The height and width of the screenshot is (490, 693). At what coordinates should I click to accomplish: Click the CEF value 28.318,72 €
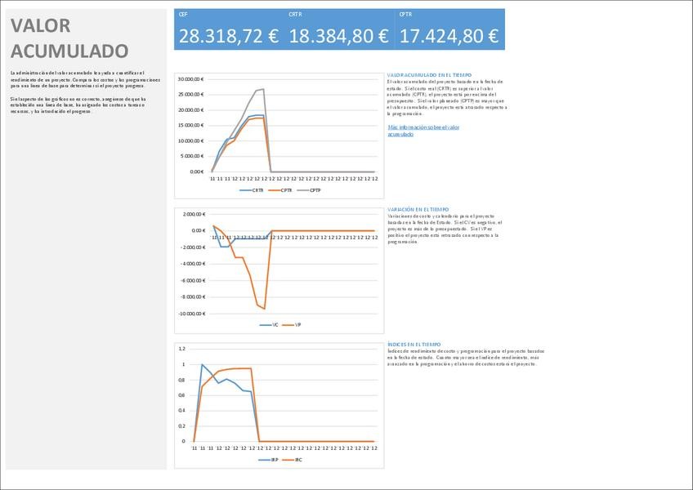[228, 36]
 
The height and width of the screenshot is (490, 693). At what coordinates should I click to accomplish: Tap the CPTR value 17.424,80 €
[449, 36]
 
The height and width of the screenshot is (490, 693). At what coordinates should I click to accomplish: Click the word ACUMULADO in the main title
[69, 51]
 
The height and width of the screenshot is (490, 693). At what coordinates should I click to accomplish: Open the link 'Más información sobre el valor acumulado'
[423, 131]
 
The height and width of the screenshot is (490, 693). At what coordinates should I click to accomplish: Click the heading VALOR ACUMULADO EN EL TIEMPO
[429, 75]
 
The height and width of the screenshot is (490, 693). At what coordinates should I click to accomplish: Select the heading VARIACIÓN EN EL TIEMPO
[418, 210]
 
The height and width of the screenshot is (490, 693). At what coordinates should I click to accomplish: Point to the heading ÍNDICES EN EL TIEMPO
[414, 345]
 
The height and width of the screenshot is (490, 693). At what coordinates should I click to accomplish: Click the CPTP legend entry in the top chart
[315, 190]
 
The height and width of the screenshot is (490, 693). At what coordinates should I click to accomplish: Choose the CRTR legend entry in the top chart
[257, 190]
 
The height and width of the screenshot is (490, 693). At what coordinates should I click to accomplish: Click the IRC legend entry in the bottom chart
[310, 460]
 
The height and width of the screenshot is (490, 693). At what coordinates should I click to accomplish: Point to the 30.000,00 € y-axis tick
[190, 79]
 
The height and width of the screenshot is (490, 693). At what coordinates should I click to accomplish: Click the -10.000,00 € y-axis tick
[190, 314]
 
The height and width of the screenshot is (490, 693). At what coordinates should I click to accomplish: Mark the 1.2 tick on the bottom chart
[182, 349]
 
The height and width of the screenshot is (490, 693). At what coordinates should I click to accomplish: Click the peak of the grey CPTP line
[262, 89]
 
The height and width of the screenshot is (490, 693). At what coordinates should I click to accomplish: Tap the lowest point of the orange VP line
[264, 309]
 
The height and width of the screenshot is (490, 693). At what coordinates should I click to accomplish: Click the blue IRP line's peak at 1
[202, 364]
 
